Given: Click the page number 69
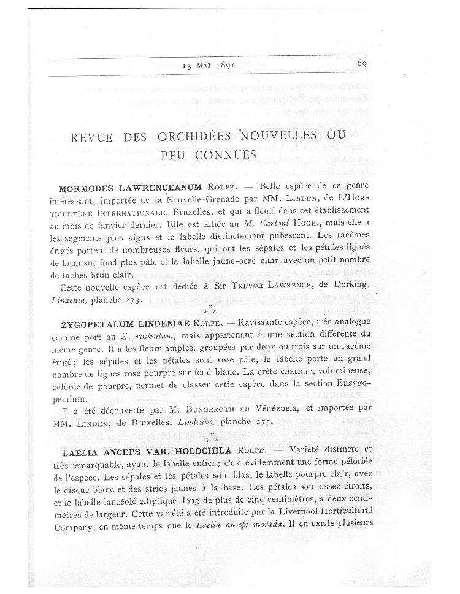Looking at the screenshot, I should point(361,63).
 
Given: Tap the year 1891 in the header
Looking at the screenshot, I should point(226,66).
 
